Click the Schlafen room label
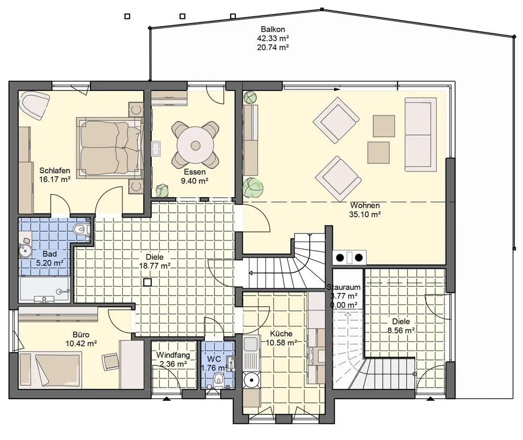(55, 171)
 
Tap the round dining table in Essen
(195, 145)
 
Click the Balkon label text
(273, 30)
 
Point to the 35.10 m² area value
(365, 214)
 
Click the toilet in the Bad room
(82, 229)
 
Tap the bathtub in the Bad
(44, 289)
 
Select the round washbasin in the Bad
(25, 251)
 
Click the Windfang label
(173, 355)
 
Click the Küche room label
(281, 334)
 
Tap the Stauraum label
(344, 287)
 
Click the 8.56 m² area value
(401, 331)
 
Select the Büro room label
(81, 335)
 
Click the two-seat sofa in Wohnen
(420, 134)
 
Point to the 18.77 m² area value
(155, 266)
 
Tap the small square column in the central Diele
(147, 283)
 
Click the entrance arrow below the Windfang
(166, 399)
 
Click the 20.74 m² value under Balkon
(273, 48)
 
